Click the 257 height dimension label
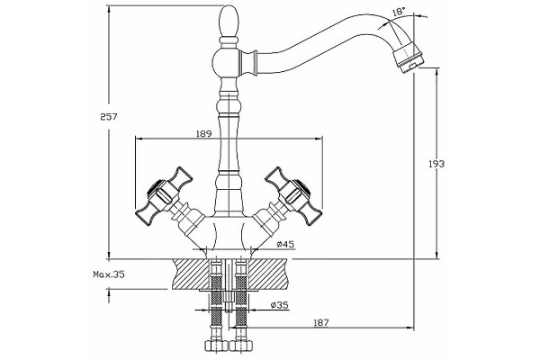pyautogui.click(x=109, y=117)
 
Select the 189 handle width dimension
pyautogui.click(x=203, y=134)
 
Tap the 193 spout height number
pyautogui.click(x=436, y=164)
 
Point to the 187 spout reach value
pyautogui.click(x=321, y=322)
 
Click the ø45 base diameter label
pyautogui.click(x=285, y=244)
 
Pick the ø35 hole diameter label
pyautogui.click(x=279, y=305)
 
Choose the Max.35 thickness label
pyautogui.click(x=109, y=274)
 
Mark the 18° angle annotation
pyautogui.click(x=398, y=12)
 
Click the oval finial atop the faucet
pyautogui.click(x=229, y=21)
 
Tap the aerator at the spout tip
pyautogui.click(x=409, y=57)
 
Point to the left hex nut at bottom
pyautogui.click(x=216, y=346)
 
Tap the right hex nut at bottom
pyautogui.click(x=240, y=346)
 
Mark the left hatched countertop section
pyautogui.click(x=191, y=274)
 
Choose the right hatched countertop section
pyautogui.click(x=267, y=274)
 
